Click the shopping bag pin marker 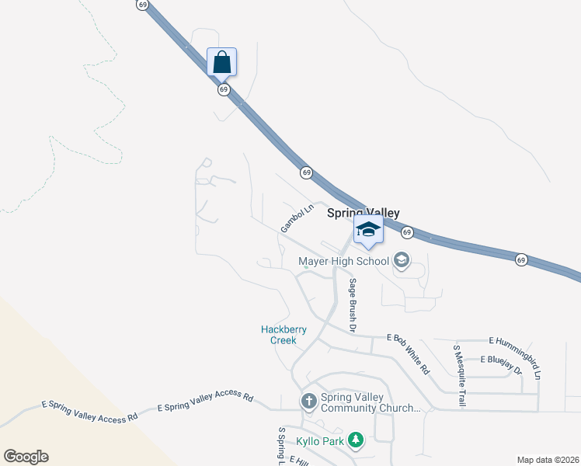pyautogui.click(x=222, y=62)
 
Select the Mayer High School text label pyautogui.click(x=343, y=261)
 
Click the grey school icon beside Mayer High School pyautogui.click(x=402, y=260)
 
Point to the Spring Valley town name pyautogui.click(x=363, y=213)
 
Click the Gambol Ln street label pyautogui.click(x=297, y=218)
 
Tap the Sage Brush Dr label pyautogui.click(x=352, y=306)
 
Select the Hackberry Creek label pyautogui.click(x=284, y=335)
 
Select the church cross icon pyautogui.click(x=308, y=402)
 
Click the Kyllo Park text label pyautogui.click(x=320, y=441)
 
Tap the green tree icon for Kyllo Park pyautogui.click(x=356, y=441)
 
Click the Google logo pyautogui.click(x=26, y=457)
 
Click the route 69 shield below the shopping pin pyautogui.click(x=224, y=89)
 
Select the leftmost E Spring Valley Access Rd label pyautogui.click(x=89, y=410)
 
